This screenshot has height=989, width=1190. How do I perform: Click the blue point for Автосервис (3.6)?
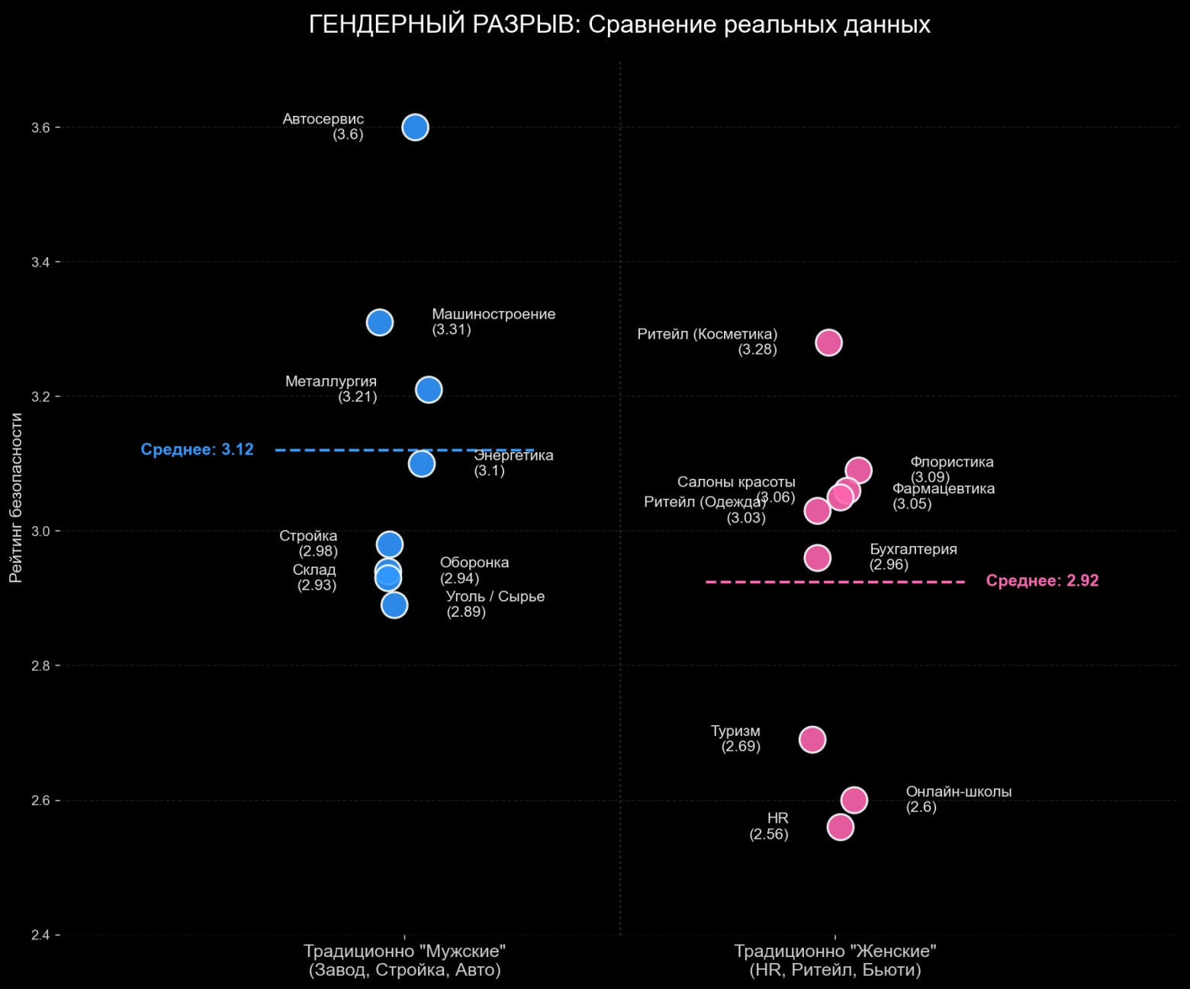click(415, 127)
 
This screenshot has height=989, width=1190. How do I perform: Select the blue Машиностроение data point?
click(380, 323)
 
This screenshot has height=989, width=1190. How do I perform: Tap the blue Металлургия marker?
click(429, 390)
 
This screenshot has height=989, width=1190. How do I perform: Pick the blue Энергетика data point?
click(421, 464)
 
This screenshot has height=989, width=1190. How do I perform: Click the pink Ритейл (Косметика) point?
click(828, 342)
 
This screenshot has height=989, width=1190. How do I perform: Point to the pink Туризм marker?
click(812, 739)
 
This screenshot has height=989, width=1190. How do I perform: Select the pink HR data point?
click(840, 827)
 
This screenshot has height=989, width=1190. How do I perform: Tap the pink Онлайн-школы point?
click(854, 800)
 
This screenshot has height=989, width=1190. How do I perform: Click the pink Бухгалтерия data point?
click(817, 558)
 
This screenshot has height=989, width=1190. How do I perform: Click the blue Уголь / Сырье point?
click(394, 605)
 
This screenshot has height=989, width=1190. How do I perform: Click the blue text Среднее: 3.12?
click(197, 450)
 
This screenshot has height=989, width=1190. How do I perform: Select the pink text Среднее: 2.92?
click(1042, 581)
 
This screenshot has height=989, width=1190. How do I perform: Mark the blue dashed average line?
click(343, 450)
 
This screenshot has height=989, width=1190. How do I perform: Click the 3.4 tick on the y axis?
click(40, 262)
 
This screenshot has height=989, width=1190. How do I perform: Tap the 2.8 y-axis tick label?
click(40, 666)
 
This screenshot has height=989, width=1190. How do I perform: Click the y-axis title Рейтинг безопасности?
click(16, 497)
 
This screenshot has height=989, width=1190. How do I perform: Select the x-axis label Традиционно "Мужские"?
click(404, 952)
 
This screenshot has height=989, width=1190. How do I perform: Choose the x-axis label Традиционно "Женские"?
click(835, 952)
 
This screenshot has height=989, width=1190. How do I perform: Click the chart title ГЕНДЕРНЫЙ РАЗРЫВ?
click(619, 25)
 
